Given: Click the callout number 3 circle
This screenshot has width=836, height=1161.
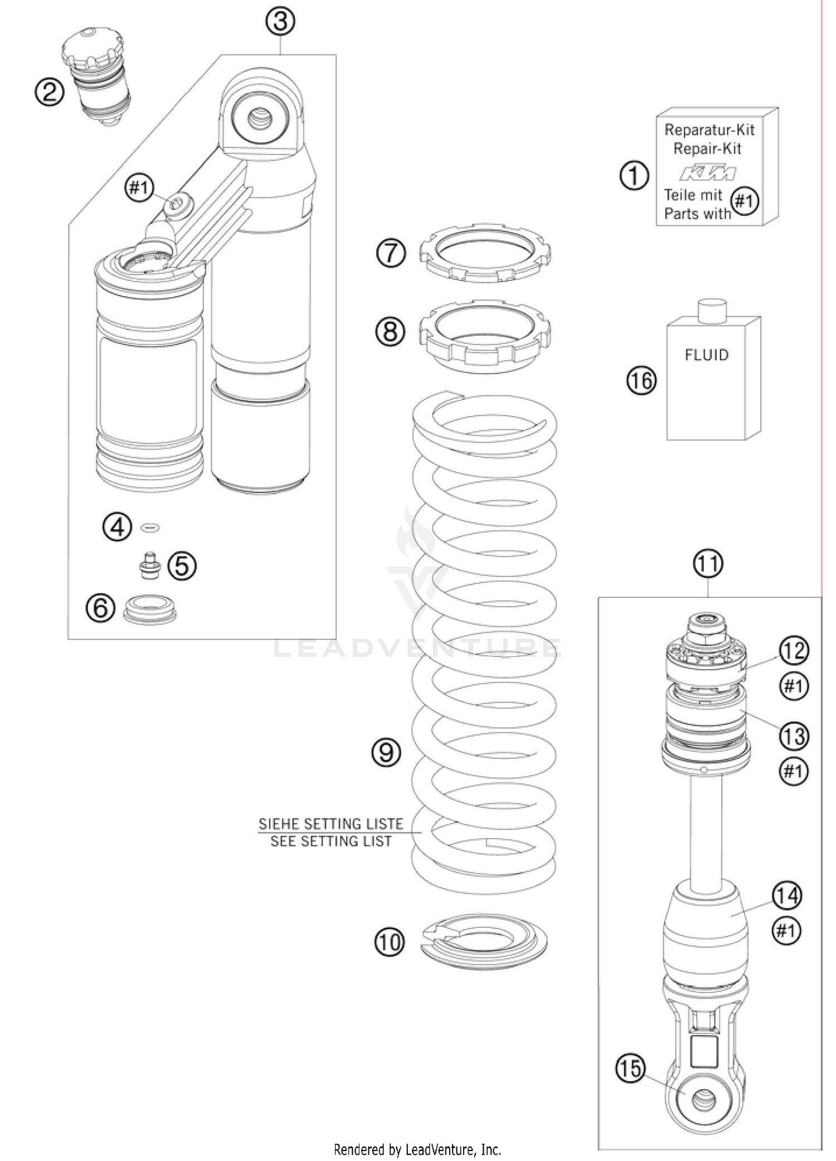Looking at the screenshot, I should [280, 21].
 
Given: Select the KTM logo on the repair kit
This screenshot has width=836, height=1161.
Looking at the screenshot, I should [707, 173].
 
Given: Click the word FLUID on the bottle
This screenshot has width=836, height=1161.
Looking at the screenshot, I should [706, 355].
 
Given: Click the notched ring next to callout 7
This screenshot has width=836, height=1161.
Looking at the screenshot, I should [484, 254].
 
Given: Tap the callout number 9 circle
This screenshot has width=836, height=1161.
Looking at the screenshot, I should [386, 752].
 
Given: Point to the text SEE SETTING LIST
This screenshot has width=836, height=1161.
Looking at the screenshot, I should [331, 841].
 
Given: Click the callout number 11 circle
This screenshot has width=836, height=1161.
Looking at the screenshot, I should [708, 563].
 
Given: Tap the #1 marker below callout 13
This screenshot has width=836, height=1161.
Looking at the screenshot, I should [793, 771].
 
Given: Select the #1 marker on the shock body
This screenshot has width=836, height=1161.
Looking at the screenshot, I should [139, 187].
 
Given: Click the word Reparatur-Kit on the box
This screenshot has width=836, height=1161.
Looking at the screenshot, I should [709, 130].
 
